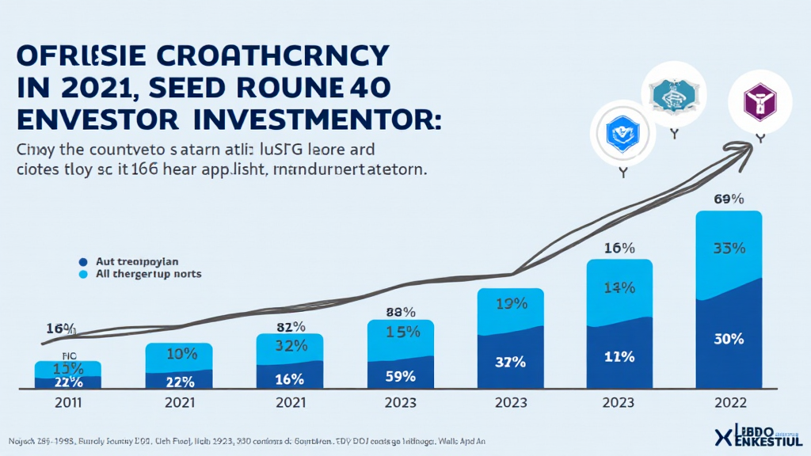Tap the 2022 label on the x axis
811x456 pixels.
click(729, 402)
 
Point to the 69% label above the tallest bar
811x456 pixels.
click(729, 199)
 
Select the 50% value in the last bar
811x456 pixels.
click(729, 339)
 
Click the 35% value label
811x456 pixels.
click(729, 248)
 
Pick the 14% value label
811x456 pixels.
click(619, 287)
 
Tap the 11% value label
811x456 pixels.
click(619, 356)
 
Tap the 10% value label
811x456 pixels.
click(179, 353)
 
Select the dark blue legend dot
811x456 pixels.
click(82, 260)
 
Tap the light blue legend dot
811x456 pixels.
click(82, 274)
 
